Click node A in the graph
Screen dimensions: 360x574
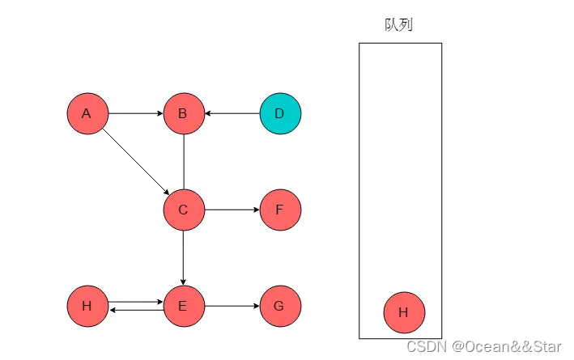(87, 113)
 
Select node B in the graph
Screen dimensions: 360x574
(184, 113)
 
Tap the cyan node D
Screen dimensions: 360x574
(280, 113)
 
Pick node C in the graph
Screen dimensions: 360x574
(184, 210)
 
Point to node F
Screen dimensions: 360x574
(280, 210)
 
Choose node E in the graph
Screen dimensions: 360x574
(184, 306)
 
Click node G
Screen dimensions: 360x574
(280, 306)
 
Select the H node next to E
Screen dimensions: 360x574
(87, 306)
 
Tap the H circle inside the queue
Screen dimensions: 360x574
(404, 312)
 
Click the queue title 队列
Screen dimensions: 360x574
(398, 25)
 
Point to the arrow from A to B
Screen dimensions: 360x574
(135, 113)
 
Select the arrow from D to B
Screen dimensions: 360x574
(232, 113)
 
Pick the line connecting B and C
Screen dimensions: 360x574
(184, 162)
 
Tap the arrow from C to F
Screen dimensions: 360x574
(232, 210)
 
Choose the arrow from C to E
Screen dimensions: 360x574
(184, 258)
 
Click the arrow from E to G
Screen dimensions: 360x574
(232, 306)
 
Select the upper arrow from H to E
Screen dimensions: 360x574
(135, 302)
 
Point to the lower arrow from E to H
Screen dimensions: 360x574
(135, 310)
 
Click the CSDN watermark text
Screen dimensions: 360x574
(483, 346)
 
